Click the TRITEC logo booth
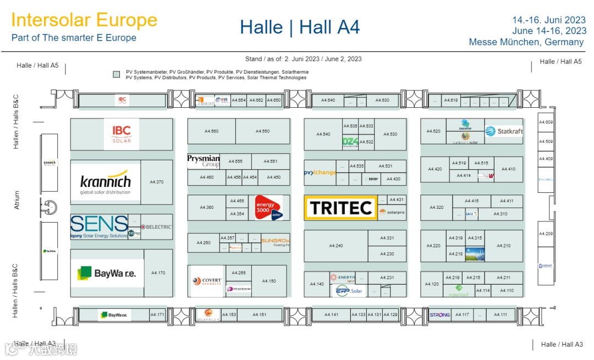(340, 208)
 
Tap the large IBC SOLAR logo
(122, 134)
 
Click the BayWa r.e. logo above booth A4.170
(107, 273)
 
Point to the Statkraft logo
(504, 131)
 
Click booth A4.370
(157, 182)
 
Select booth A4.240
(335, 246)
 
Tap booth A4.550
(262, 131)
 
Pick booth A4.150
(269, 281)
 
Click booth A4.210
(503, 246)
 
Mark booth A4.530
(390, 134)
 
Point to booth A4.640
(328, 101)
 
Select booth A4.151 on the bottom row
(259, 314)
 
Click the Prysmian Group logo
(204, 160)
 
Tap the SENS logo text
(99, 224)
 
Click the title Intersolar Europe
(84, 20)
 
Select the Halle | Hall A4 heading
(300, 27)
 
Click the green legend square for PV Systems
(116, 74)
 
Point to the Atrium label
(17, 200)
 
